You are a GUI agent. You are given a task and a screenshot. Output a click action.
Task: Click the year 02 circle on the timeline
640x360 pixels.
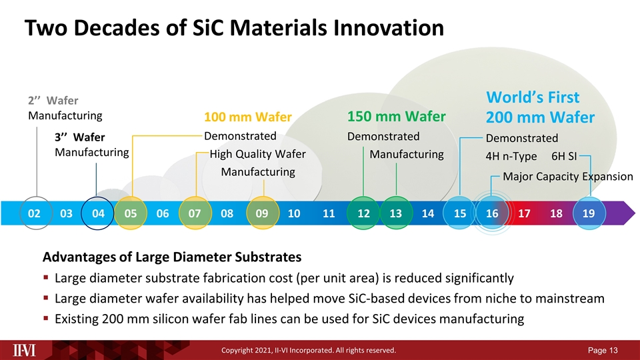34,213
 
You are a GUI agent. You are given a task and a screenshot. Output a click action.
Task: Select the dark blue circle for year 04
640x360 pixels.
98,213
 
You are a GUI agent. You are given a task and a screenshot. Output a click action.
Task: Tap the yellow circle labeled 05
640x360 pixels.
131,213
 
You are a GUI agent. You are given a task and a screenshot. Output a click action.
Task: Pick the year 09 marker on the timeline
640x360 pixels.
262,213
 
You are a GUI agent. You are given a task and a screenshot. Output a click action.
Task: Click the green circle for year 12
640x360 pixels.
363,213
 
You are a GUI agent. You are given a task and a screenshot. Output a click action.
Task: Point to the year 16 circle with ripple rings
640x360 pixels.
492,213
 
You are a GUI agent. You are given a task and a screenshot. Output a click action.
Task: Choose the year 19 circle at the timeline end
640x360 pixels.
589,213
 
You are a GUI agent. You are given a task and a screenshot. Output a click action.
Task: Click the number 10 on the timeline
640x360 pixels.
294,213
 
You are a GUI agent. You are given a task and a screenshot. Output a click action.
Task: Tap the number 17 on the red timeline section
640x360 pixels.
524,213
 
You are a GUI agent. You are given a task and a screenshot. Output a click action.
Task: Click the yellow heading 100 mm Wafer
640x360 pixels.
248,118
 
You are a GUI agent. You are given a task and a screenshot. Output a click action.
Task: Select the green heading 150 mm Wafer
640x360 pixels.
397,117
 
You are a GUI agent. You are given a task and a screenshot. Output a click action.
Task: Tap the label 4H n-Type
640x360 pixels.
511,157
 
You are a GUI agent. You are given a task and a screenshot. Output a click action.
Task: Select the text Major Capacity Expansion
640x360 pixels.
567,177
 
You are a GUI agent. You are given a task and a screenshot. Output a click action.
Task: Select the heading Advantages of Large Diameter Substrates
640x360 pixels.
172,257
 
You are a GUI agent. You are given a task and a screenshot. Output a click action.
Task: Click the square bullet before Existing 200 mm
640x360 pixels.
45,319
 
